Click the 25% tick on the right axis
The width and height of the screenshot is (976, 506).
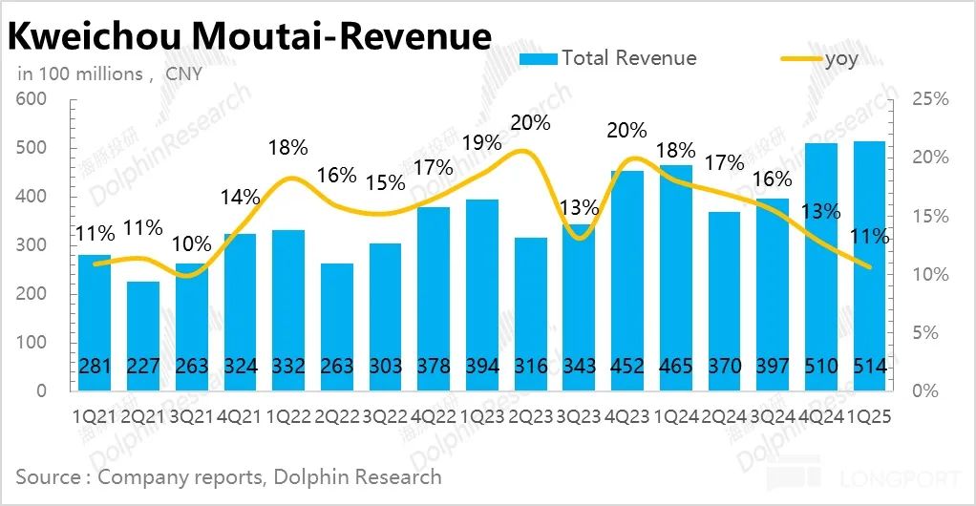(930, 99)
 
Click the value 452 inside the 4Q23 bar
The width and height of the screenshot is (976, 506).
(626, 367)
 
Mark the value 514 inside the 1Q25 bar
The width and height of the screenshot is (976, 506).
(868, 367)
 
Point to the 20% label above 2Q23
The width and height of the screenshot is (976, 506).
(530, 122)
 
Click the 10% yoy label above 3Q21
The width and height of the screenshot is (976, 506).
(192, 243)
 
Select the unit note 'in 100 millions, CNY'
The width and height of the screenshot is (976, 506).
(110, 74)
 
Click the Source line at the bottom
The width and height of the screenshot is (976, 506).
(229, 476)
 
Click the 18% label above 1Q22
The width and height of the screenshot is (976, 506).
(288, 147)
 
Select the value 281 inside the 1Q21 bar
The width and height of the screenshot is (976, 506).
(95, 367)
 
